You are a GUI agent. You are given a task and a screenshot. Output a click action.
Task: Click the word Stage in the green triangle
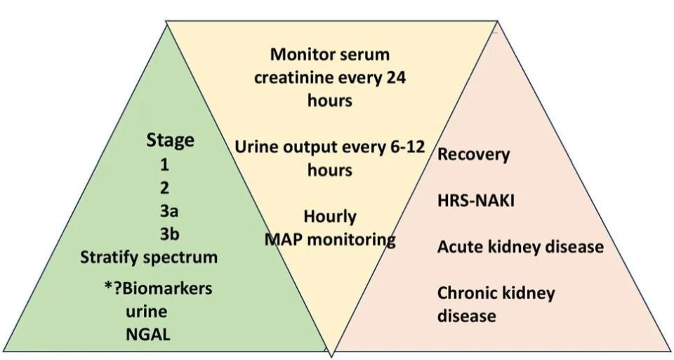[170, 140]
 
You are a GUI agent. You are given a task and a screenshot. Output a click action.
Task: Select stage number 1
[164, 164]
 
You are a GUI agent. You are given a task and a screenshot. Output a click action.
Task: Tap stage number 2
[164, 188]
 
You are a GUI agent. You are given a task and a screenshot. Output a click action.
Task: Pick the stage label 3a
[169, 211]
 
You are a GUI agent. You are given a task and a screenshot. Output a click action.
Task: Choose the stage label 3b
[169, 234]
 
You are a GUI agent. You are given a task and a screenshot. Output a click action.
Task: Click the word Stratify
[110, 258]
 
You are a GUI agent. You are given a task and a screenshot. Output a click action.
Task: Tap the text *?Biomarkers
[158, 288]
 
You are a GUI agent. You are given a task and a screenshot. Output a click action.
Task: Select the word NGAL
[148, 334]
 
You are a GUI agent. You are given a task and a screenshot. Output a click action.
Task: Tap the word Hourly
[330, 216]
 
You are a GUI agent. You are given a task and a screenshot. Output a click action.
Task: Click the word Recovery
[474, 154]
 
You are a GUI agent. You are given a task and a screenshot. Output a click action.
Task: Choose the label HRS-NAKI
[476, 201]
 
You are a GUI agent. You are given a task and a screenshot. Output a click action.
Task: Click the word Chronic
[468, 293]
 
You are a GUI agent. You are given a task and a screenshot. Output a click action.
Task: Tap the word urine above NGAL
[147, 312]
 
